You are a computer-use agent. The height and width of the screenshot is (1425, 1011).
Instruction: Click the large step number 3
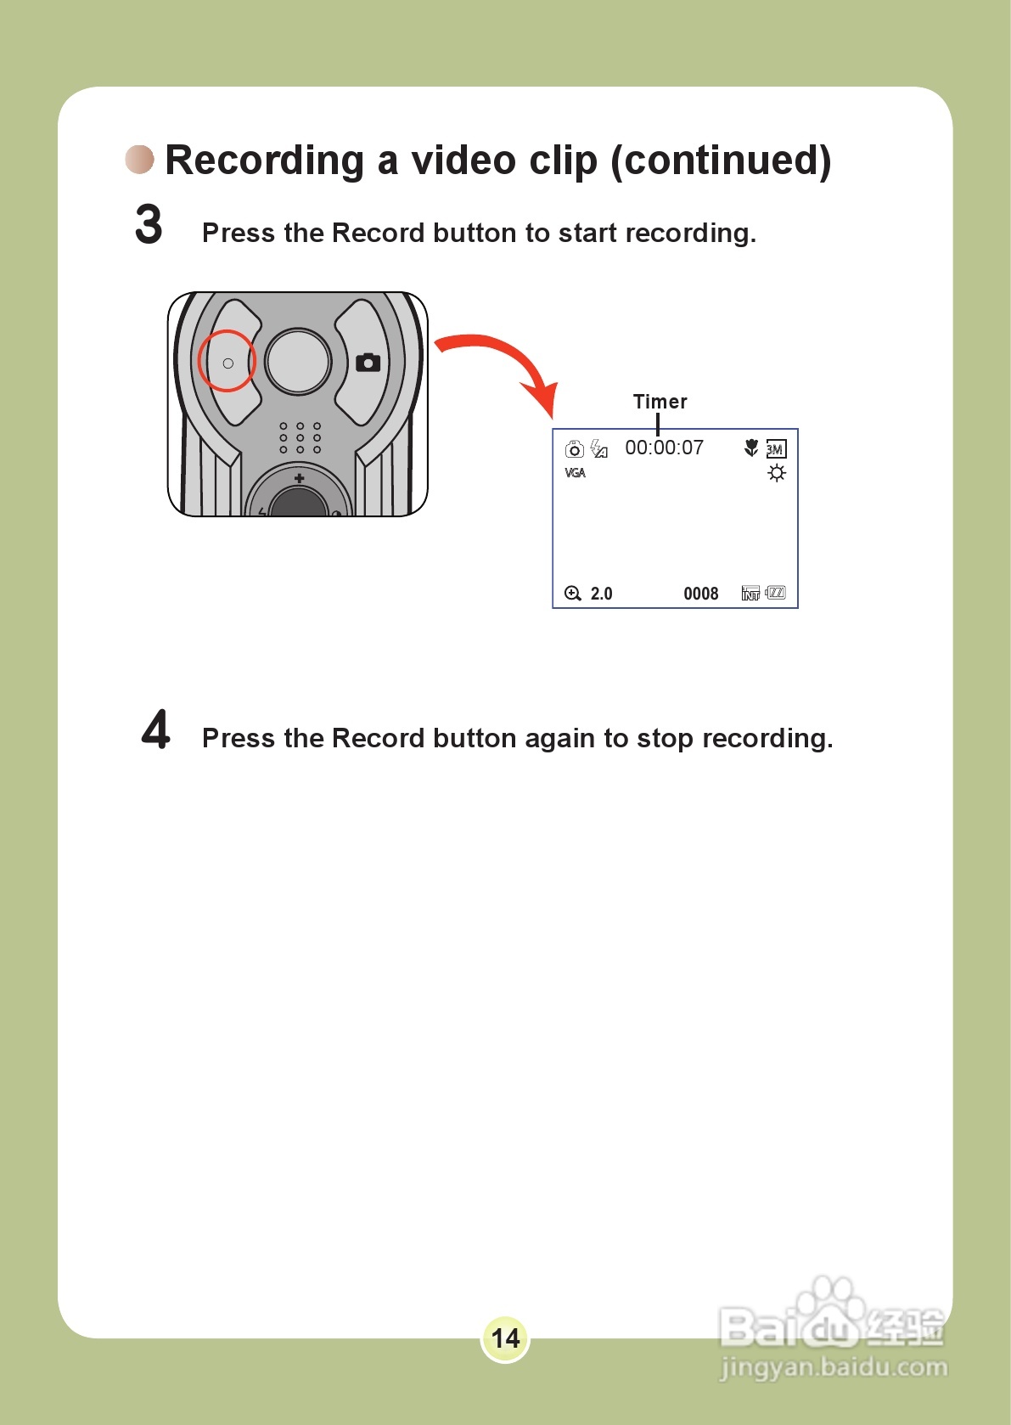click(x=149, y=225)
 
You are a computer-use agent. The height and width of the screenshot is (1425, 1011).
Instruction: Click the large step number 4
click(x=156, y=729)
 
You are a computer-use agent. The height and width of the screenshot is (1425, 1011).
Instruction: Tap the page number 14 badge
click(x=505, y=1338)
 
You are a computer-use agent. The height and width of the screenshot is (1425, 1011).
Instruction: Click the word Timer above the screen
click(x=660, y=402)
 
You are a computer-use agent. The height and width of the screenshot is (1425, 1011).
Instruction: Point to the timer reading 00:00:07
click(x=664, y=448)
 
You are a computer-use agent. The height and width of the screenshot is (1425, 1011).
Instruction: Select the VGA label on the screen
click(x=575, y=473)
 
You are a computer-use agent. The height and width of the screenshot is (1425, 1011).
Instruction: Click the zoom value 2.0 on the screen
click(x=601, y=594)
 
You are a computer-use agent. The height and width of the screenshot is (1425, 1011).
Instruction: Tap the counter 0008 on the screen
click(x=700, y=594)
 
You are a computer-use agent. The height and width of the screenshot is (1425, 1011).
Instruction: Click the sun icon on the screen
click(x=776, y=473)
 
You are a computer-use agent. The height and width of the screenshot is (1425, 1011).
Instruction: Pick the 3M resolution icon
click(x=776, y=449)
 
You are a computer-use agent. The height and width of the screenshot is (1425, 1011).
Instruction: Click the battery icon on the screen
click(x=776, y=593)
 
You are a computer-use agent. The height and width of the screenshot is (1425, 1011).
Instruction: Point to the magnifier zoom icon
click(x=573, y=594)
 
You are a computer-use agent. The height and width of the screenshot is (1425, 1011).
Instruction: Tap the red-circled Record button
click(x=227, y=362)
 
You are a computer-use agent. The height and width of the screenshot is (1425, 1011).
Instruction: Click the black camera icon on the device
click(x=368, y=363)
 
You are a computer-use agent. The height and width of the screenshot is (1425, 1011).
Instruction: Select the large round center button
click(x=297, y=361)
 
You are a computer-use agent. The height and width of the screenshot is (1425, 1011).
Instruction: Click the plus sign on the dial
click(x=299, y=479)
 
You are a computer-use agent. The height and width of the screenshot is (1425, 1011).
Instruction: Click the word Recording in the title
click(x=264, y=161)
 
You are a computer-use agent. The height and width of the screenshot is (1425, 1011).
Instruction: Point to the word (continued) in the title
click(x=721, y=161)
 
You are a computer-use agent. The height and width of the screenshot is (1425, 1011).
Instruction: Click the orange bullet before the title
click(x=140, y=159)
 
